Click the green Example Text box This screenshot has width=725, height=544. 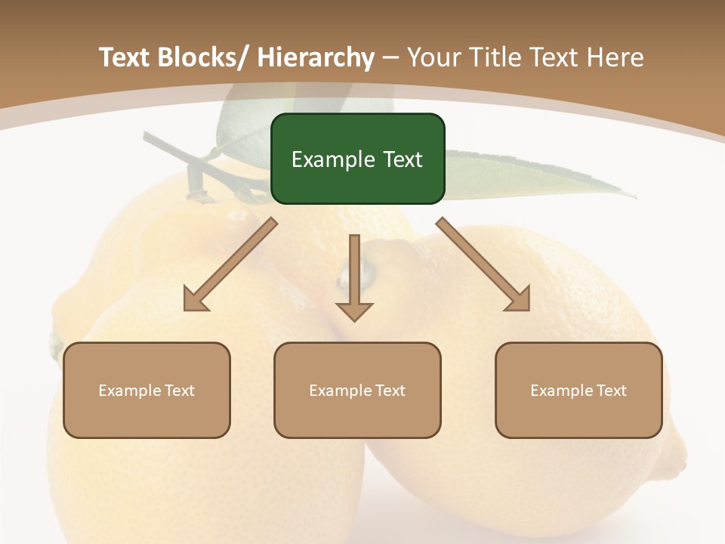(x=357, y=159)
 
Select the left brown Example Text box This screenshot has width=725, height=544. (x=147, y=390)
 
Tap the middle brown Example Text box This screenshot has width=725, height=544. (x=357, y=390)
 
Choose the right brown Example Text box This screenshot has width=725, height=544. (x=578, y=390)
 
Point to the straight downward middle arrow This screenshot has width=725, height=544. (x=354, y=276)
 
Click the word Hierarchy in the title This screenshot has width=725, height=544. (x=315, y=57)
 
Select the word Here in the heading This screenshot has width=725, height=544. (x=616, y=57)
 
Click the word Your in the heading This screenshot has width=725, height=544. (x=433, y=57)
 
